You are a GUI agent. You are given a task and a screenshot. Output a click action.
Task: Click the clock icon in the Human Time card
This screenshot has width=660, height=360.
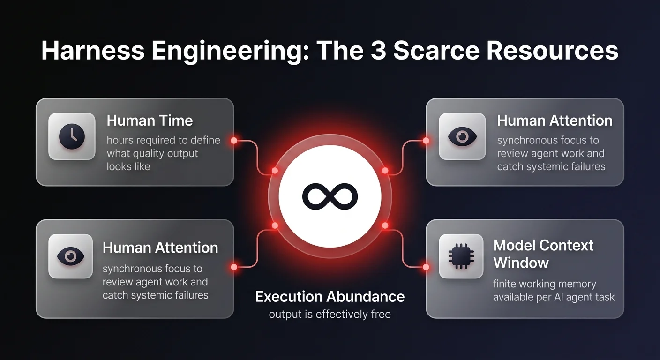(x=72, y=136)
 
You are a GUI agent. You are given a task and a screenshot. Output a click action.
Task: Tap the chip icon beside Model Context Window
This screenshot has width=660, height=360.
(x=462, y=256)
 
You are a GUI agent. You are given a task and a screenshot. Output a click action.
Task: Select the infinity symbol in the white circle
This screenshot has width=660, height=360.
(x=330, y=196)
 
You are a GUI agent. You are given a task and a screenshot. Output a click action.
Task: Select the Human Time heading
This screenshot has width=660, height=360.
(x=150, y=120)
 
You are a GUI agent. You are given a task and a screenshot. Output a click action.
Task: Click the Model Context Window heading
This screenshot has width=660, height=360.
(x=543, y=254)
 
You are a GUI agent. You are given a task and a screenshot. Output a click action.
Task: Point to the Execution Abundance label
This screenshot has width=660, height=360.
(x=330, y=296)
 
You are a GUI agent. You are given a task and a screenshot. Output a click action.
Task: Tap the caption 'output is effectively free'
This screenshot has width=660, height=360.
(x=330, y=314)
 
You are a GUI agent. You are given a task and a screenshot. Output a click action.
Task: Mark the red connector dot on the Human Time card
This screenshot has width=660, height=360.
(x=234, y=140)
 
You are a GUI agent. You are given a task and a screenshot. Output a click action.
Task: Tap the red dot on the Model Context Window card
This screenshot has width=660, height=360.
(x=426, y=267)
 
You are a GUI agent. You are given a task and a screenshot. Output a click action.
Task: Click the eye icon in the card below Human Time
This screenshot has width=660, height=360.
(x=71, y=256)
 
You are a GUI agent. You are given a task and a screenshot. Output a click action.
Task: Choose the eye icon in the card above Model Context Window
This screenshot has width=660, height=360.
(x=462, y=136)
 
